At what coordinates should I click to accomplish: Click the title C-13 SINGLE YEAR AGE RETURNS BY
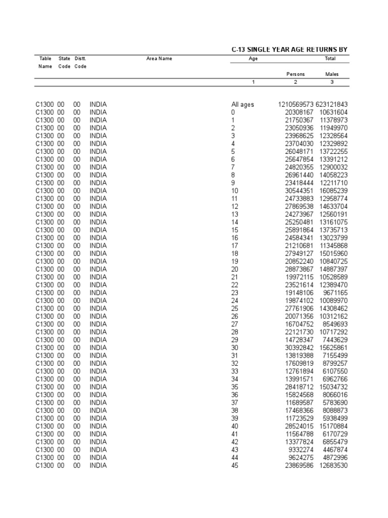(289, 49)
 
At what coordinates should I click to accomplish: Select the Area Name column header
(159, 59)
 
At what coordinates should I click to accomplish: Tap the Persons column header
(296, 74)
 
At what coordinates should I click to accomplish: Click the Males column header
(332, 74)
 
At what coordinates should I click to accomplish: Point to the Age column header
(254, 59)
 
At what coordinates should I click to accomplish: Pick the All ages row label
(243, 105)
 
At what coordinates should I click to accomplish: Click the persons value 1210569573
(296, 105)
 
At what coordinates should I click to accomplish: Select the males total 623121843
(332, 105)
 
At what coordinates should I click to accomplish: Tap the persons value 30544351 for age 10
(299, 191)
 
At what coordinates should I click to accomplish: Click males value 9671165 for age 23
(335, 293)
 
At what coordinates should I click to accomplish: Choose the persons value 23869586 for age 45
(299, 465)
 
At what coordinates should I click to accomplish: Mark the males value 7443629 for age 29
(335, 340)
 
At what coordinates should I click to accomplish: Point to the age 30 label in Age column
(235, 348)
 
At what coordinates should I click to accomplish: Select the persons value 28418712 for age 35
(299, 387)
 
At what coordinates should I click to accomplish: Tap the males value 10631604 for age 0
(333, 112)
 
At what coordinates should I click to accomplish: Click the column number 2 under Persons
(296, 82)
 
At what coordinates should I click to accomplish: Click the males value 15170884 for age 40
(333, 426)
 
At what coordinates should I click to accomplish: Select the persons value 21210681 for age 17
(299, 246)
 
